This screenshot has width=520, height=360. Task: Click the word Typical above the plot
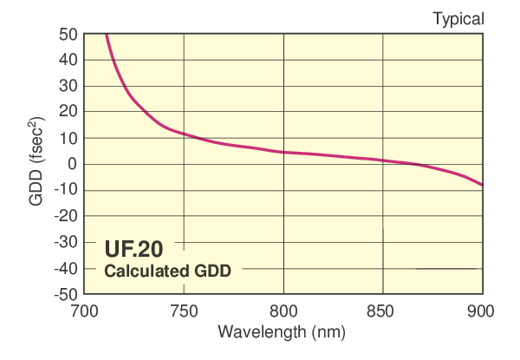[458, 18]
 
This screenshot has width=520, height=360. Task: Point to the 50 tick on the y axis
[68, 35]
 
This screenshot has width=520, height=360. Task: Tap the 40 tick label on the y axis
[68, 61]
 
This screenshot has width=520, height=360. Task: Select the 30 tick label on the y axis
[68, 87]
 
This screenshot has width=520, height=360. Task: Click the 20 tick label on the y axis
[68, 113]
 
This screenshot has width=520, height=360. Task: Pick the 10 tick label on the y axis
[68, 139]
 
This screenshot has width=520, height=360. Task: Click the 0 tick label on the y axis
[73, 165]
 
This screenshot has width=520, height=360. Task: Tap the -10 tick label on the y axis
[66, 191]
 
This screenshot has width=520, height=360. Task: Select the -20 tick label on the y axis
[66, 217]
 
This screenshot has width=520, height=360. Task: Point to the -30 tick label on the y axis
[66, 243]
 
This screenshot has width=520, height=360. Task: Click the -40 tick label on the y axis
[66, 269]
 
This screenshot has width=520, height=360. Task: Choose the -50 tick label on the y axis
[66, 295]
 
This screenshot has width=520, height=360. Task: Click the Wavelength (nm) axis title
[283, 332]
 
